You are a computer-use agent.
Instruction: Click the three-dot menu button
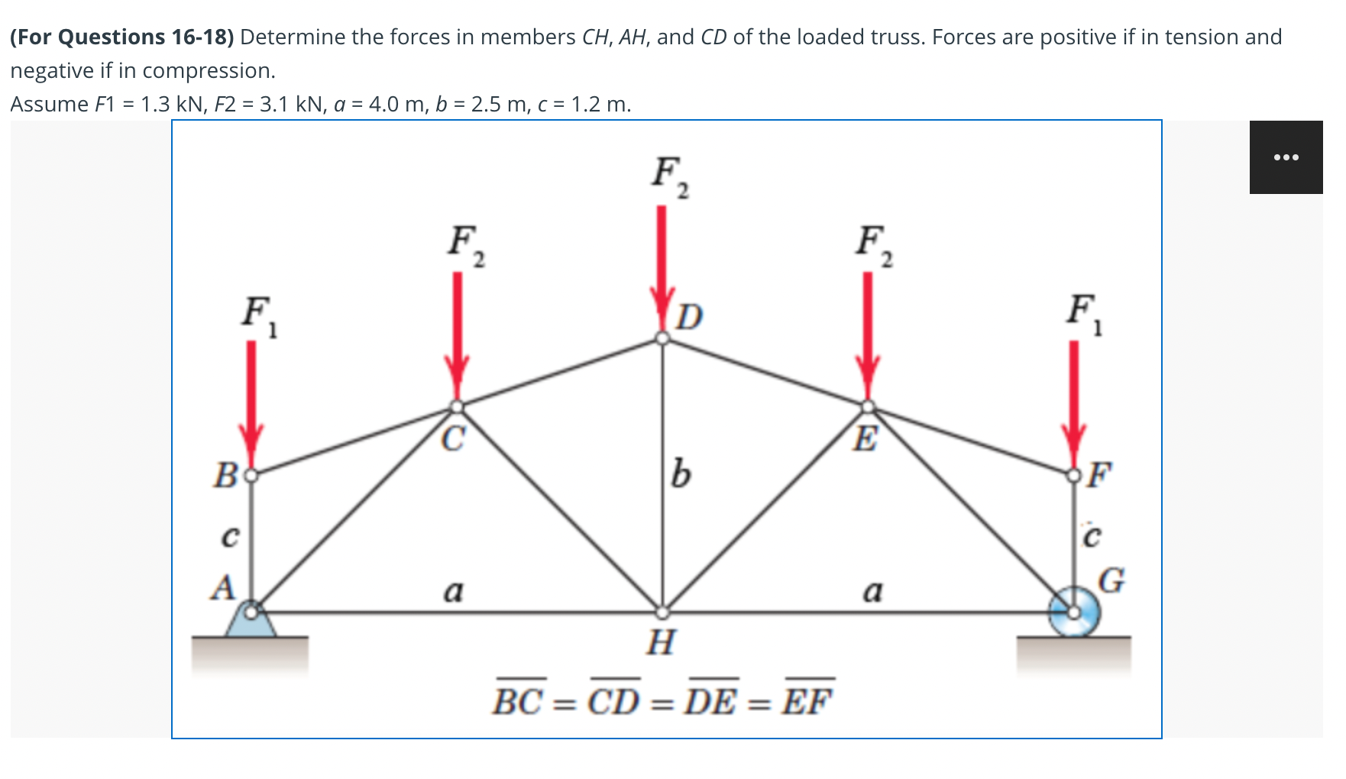1286,157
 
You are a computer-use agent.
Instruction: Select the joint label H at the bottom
661,642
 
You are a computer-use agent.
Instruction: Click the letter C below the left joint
453,439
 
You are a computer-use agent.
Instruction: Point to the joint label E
866,439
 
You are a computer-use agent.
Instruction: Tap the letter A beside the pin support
222,588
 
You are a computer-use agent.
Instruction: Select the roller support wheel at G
1076,612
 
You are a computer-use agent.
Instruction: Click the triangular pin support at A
251,620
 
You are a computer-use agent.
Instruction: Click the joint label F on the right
1099,474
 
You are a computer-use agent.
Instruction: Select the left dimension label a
453,590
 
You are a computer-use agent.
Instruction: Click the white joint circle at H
662,612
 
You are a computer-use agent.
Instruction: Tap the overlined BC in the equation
522,700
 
